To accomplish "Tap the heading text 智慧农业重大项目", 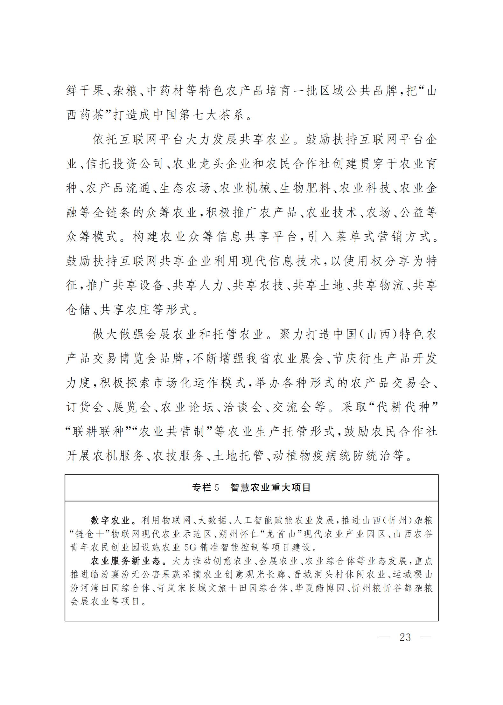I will pyautogui.click(x=270, y=487).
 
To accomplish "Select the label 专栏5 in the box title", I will pyautogui.click(x=206, y=487).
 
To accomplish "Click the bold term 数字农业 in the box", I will pyautogui.click(x=110, y=521).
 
